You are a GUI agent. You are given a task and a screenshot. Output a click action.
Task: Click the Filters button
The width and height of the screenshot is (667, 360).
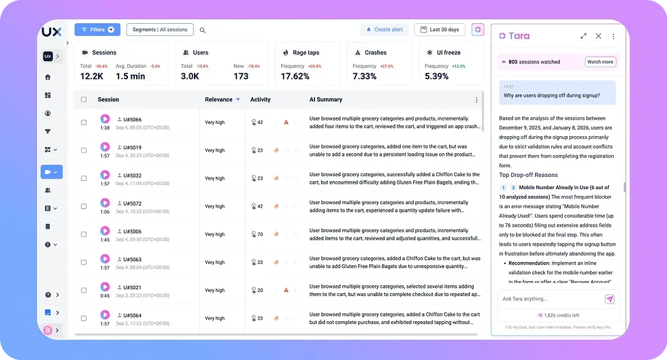click(x=97, y=30)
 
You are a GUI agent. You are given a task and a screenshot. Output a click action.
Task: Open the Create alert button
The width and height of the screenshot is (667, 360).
click(x=385, y=30)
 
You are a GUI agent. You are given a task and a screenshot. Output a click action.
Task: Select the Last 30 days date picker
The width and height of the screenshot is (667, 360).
click(x=440, y=30)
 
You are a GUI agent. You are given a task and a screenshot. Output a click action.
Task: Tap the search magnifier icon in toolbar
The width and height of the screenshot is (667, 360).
click(x=203, y=31)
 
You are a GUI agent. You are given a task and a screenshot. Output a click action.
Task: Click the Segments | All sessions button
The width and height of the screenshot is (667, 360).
click(x=160, y=30)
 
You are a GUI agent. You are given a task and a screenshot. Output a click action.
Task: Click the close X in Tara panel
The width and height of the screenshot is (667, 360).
click(x=598, y=36)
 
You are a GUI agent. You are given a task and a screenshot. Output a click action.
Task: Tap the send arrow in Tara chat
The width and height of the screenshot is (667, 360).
click(x=610, y=299)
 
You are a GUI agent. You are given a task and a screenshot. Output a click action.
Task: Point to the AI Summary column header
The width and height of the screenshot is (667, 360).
click(x=326, y=99)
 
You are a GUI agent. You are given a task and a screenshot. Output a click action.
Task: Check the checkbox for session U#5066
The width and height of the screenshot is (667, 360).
click(x=84, y=122)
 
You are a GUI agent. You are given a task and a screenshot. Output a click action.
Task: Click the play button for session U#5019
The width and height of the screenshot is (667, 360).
click(x=105, y=147)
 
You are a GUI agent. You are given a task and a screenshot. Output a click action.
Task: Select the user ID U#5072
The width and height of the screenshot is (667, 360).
click(x=132, y=203)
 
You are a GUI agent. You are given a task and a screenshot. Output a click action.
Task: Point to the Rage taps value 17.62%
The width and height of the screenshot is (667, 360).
click(x=295, y=76)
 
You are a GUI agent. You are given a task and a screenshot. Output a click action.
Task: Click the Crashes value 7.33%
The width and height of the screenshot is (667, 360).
click(x=365, y=76)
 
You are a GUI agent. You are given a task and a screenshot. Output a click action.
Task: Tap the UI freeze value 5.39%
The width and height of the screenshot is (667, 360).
click(x=436, y=76)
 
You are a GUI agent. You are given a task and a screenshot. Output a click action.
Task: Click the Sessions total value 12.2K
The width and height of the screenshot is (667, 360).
click(x=92, y=76)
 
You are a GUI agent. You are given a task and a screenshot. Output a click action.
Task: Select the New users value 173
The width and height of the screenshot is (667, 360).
click(x=241, y=76)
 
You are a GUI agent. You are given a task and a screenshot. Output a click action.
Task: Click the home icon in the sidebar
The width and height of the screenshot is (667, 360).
click(x=48, y=77)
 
